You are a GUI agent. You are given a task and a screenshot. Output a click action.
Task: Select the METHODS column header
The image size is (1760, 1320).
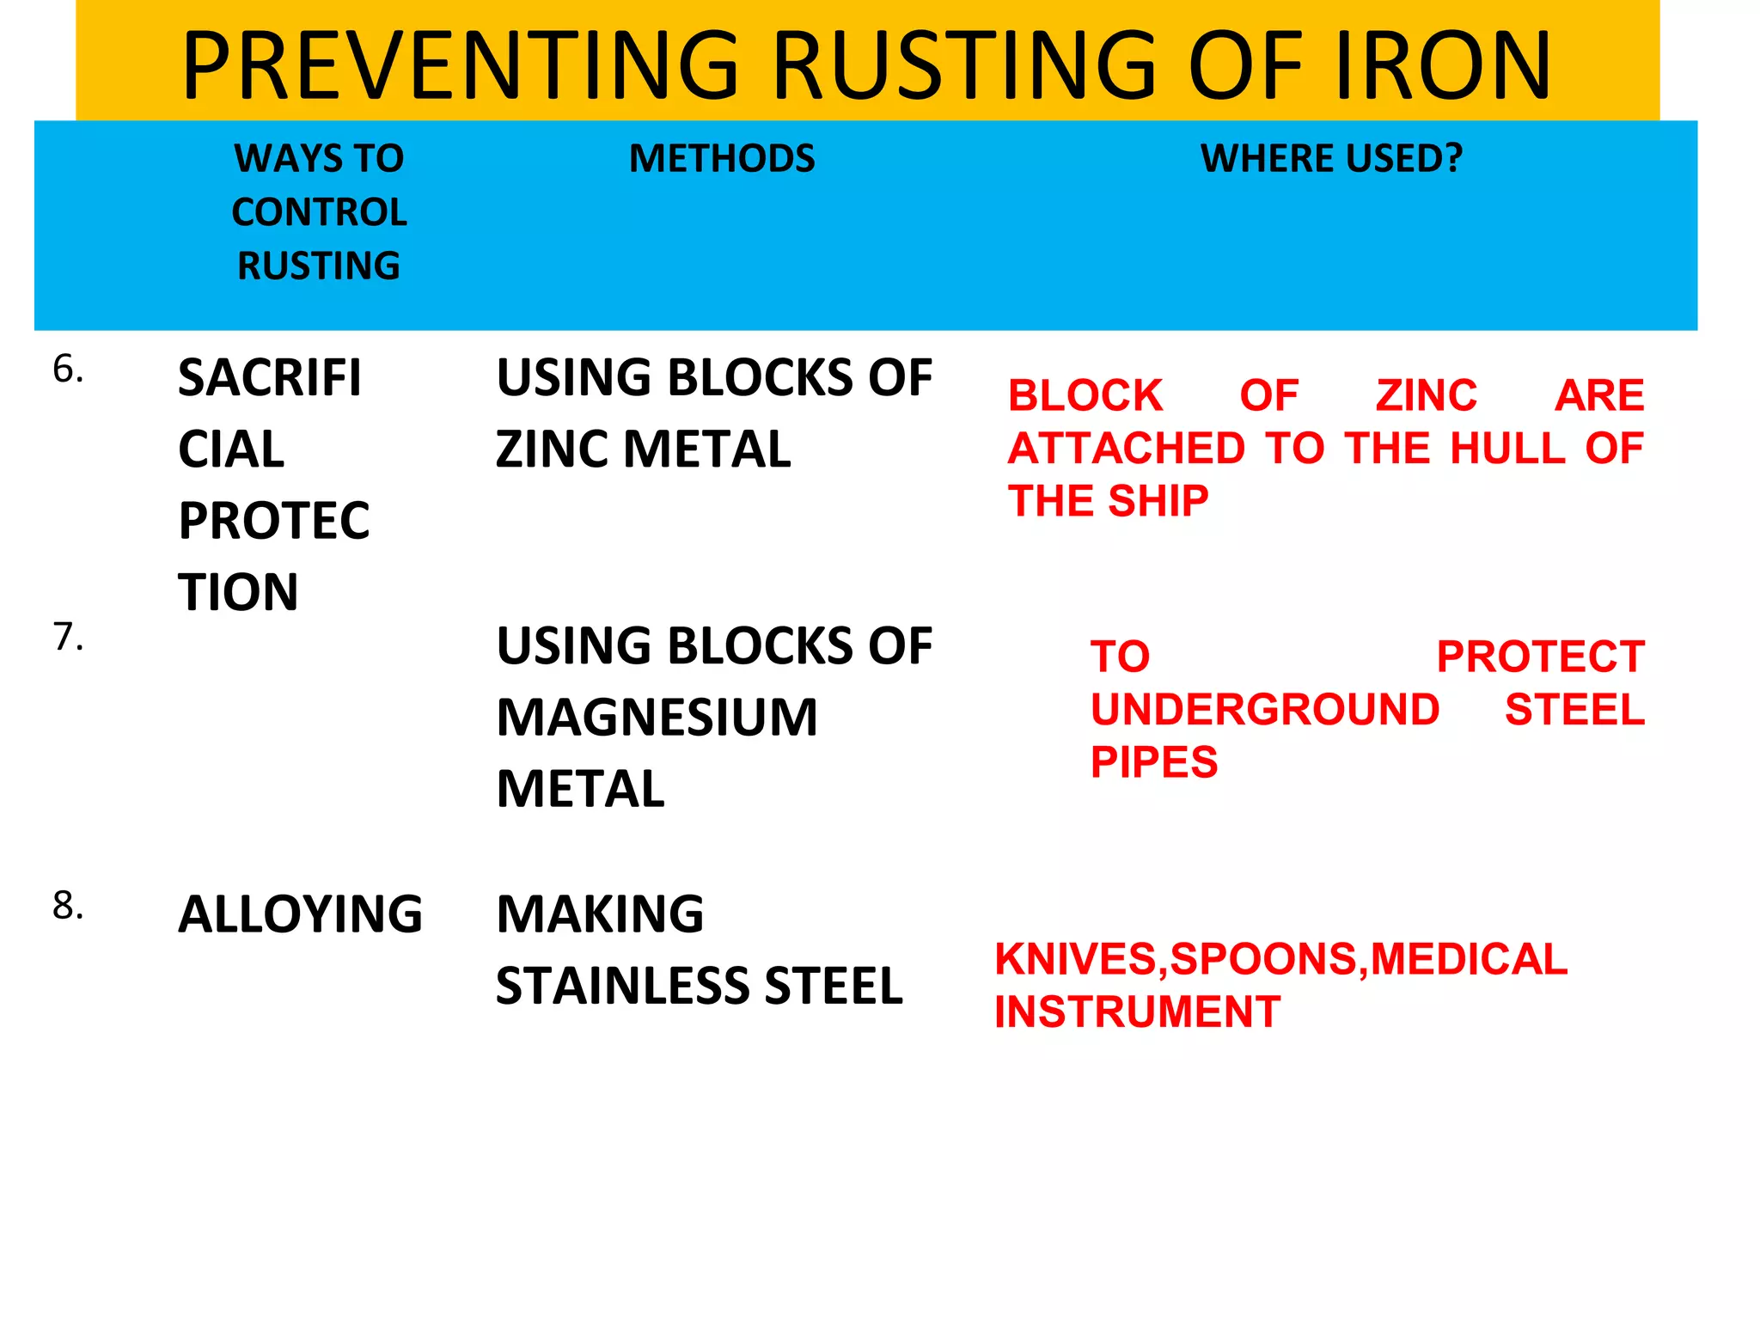click(x=722, y=159)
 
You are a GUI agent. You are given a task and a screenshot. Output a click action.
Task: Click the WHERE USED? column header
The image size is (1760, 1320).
click(x=1331, y=159)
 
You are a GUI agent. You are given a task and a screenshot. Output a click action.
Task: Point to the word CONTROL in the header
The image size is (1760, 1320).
click(x=319, y=212)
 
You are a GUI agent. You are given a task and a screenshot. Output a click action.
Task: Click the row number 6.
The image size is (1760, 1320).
click(x=68, y=370)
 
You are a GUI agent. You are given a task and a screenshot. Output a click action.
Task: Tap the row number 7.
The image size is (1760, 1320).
click(x=68, y=638)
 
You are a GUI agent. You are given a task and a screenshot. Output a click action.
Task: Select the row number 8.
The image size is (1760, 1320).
click(x=68, y=906)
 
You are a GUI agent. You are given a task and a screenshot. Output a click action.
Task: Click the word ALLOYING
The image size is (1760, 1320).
click(x=300, y=914)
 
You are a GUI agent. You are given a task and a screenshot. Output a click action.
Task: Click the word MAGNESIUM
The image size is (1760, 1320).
click(x=657, y=718)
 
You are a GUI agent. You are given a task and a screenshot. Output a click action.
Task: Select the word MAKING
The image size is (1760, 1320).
click(x=600, y=914)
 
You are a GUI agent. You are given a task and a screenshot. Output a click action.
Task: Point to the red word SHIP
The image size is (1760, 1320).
click(x=1158, y=501)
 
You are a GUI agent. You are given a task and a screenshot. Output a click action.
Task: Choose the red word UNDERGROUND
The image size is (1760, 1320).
click(x=1264, y=710)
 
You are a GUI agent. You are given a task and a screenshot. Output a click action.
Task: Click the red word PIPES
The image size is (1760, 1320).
click(x=1154, y=762)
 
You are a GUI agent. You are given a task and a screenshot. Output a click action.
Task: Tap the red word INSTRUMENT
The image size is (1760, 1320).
click(x=1137, y=1011)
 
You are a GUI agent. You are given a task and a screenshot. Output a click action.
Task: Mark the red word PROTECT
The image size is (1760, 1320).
click(x=1540, y=657)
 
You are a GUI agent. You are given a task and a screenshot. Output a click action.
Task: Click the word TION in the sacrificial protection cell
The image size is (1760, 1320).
click(x=238, y=592)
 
